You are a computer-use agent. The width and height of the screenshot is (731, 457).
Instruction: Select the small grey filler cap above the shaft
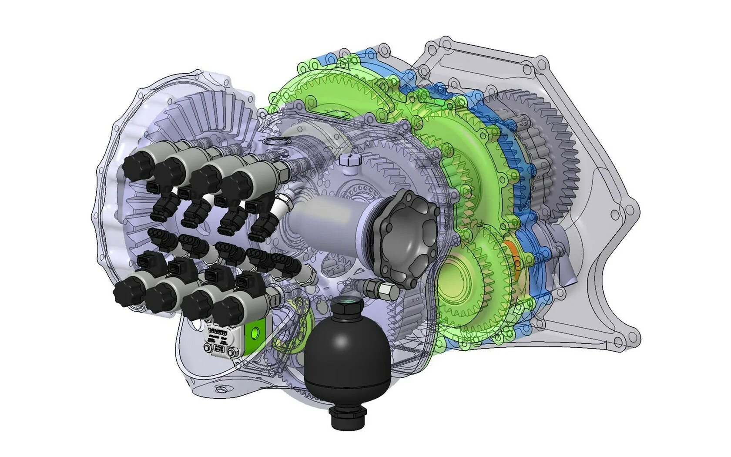pyautogui.click(x=350, y=161)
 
